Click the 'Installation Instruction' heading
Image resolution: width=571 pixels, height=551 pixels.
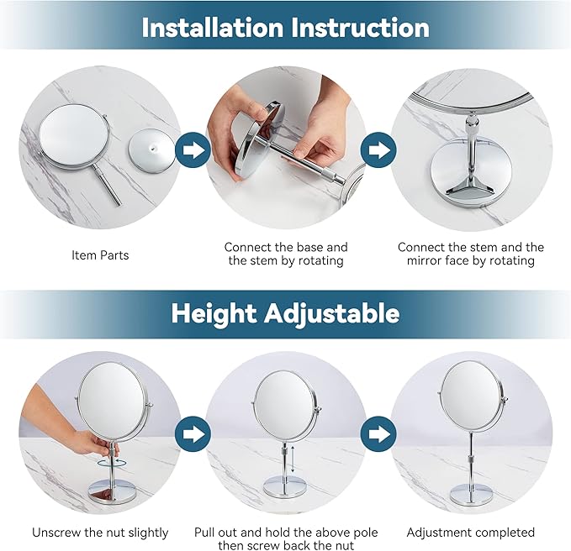point(285,27)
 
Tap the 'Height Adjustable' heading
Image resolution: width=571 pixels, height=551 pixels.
point(285,313)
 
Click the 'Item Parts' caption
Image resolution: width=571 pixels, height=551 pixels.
point(100,255)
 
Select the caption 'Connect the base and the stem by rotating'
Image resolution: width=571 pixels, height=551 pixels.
point(285,254)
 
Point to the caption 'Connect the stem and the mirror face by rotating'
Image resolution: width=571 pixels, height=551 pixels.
point(470,254)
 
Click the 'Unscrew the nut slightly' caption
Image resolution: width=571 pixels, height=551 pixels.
point(100,532)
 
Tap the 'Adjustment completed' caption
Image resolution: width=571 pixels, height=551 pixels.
point(470,532)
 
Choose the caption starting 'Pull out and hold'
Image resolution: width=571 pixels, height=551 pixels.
point(285,539)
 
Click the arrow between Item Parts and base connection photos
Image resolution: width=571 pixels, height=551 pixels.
point(193,151)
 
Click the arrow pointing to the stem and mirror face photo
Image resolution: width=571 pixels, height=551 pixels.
point(378,151)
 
